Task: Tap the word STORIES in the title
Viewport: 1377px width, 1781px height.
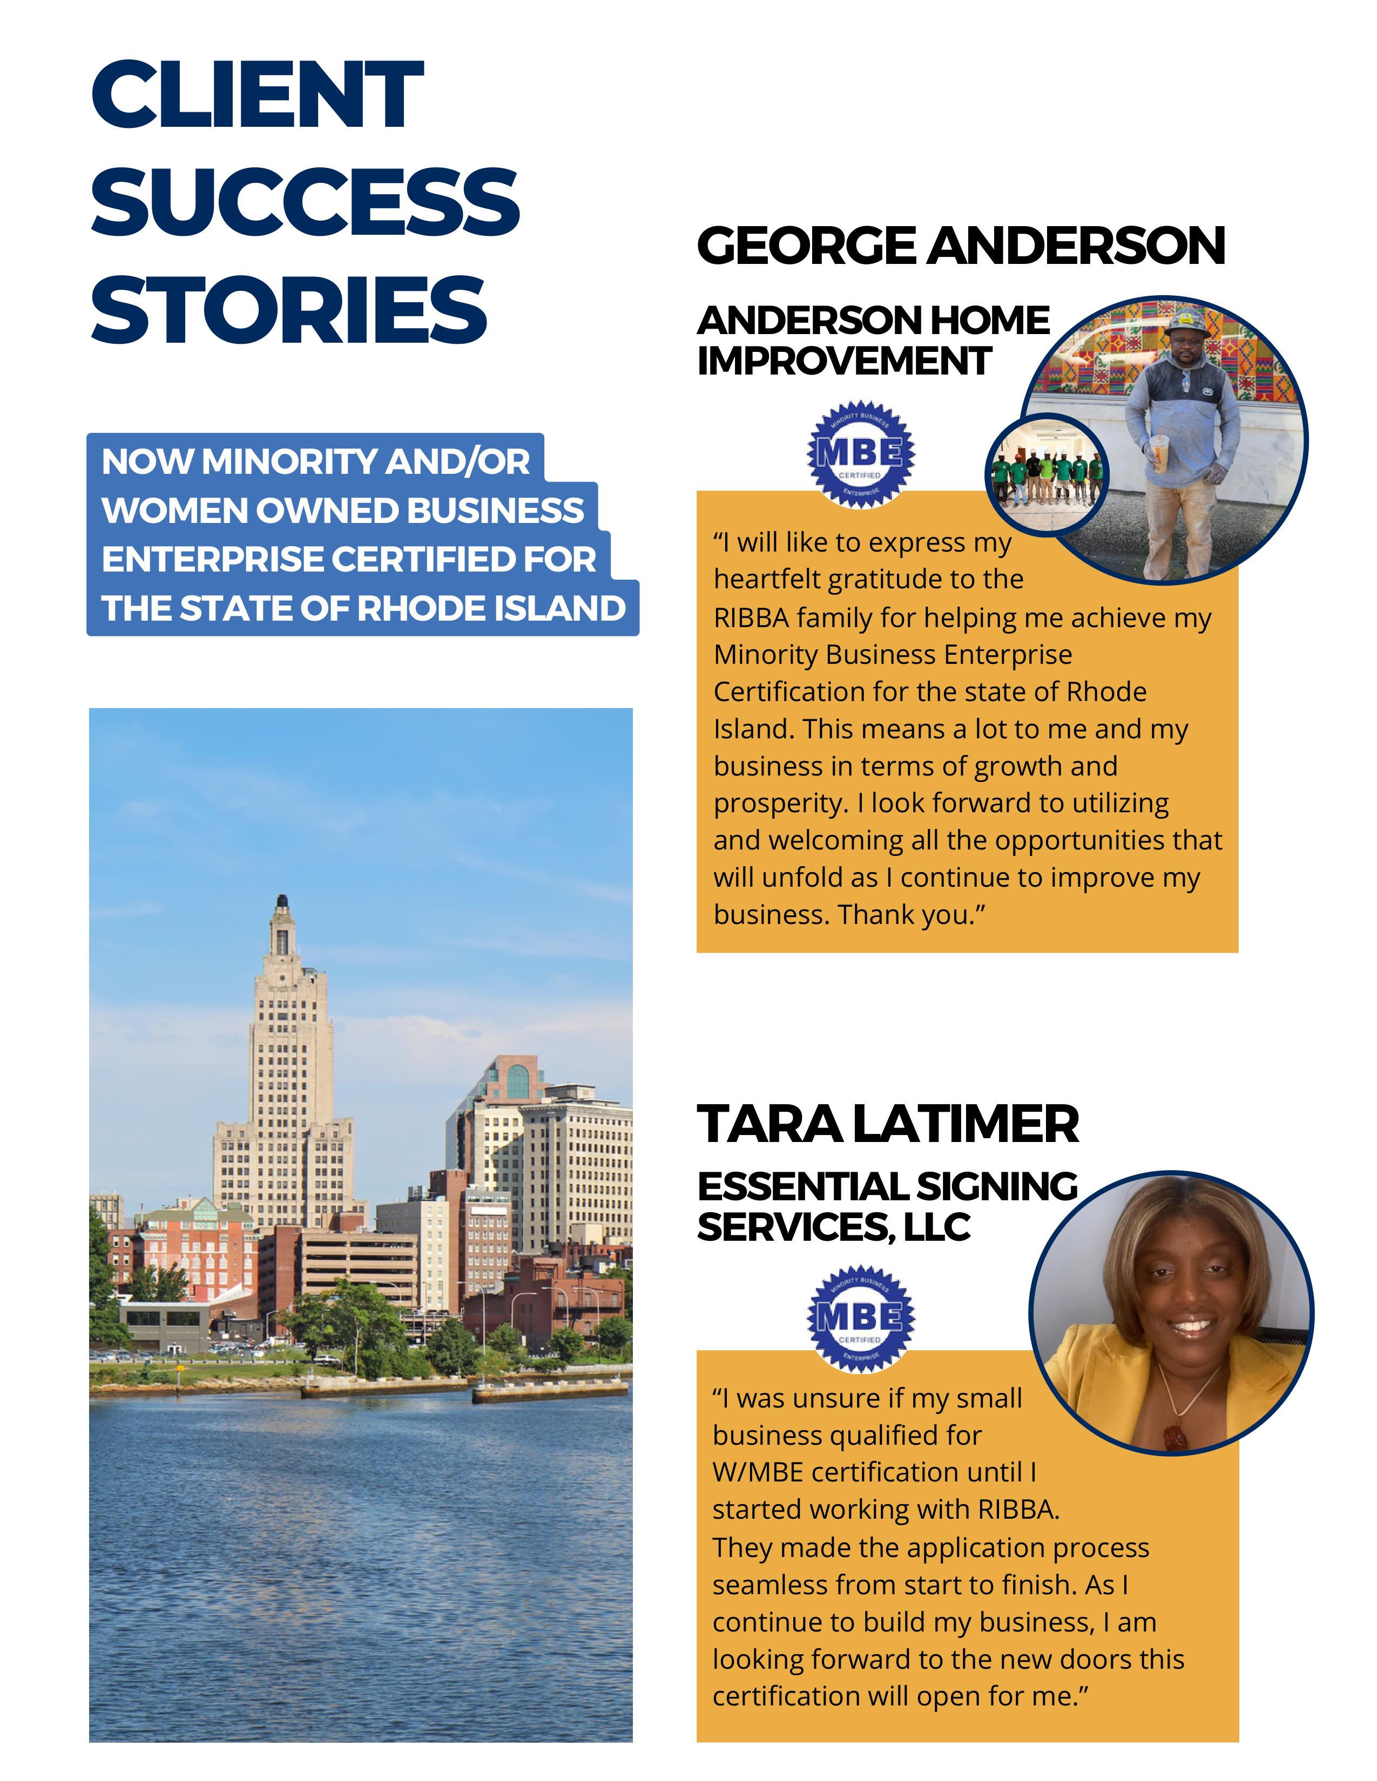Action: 289,309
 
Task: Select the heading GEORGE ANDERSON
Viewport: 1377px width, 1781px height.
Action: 961,246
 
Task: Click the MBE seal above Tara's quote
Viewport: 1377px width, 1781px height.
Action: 861,1318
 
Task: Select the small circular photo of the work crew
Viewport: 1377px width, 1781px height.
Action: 1048,474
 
